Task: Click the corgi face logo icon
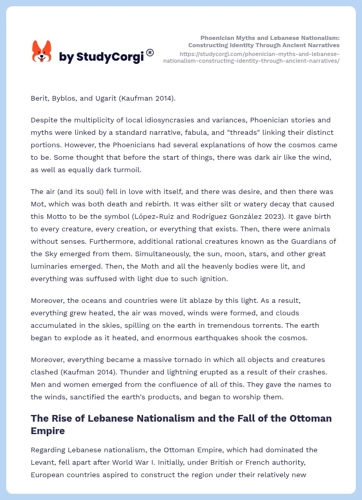coord(42,51)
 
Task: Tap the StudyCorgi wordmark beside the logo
coord(101,57)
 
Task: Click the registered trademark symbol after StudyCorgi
coord(150,52)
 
